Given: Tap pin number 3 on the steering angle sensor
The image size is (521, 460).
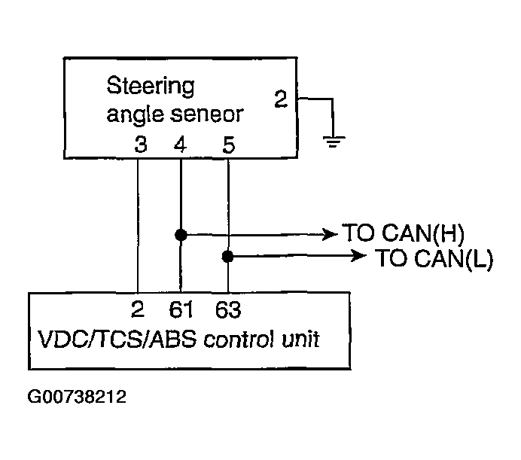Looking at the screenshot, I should click(139, 144).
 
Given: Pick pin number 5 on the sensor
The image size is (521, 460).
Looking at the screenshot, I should click(229, 144).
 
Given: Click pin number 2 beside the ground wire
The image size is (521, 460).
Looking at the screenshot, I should click(280, 99).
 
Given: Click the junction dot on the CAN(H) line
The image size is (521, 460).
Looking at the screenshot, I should click(181, 235).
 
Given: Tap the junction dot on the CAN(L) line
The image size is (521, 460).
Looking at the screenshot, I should click(227, 257).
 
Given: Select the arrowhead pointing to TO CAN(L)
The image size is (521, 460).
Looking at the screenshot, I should click(361, 257).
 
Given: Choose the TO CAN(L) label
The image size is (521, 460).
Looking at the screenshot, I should click(434, 259).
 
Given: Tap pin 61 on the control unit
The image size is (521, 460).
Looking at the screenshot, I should click(181, 310).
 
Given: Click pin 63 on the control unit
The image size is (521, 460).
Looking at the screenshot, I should click(228, 310).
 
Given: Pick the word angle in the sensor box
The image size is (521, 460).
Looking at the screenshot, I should click(133, 114).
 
